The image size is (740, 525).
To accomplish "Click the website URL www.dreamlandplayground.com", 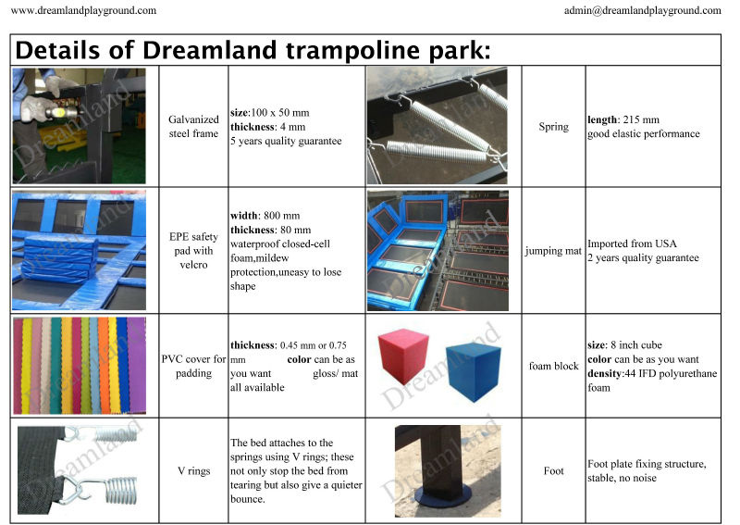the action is (83, 10).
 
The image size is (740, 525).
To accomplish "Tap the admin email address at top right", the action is (642, 10).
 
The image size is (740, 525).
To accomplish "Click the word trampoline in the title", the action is (352, 51).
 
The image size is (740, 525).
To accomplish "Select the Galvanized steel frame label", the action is (193, 126).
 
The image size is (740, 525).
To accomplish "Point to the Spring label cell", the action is (553, 127).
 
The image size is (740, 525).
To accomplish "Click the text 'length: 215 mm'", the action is (623, 119).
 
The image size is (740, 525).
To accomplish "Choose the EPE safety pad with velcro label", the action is (193, 250).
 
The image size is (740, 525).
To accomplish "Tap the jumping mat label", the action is (553, 251).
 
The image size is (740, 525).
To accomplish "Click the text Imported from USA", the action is (632, 244).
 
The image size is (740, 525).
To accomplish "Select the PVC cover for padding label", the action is (193, 366).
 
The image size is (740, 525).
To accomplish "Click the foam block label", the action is (553, 366).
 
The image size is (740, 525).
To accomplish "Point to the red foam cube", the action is (403, 356).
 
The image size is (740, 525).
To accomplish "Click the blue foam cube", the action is (474, 372).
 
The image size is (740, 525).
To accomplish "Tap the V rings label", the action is (193, 470).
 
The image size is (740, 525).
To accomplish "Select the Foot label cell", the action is (553, 470).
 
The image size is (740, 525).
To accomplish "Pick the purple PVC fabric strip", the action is (136, 366).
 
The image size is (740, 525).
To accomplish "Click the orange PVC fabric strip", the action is (104, 366).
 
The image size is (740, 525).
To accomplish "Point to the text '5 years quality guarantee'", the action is (286, 141).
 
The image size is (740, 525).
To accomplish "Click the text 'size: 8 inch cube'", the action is (625, 344).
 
